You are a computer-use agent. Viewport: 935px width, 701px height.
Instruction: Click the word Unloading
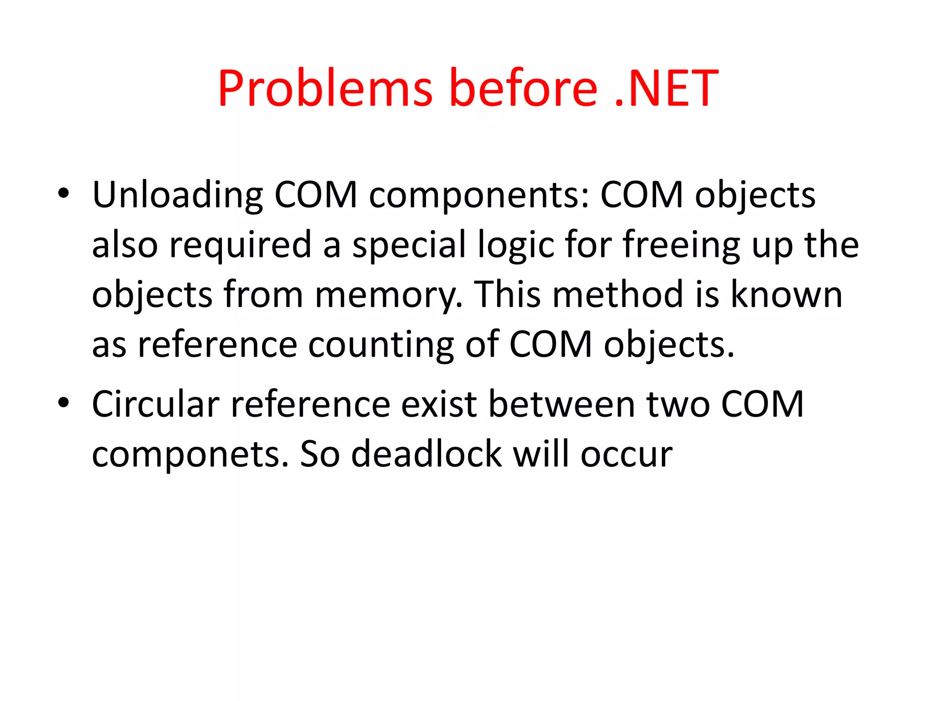(x=178, y=195)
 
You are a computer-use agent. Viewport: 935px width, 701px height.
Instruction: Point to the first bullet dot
(x=63, y=193)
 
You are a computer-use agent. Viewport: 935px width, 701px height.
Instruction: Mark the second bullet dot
(x=63, y=403)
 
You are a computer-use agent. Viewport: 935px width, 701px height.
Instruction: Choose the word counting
(x=381, y=345)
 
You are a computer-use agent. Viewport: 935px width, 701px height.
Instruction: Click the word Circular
(x=156, y=404)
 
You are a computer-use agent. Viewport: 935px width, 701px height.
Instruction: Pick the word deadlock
(x=426, y=454)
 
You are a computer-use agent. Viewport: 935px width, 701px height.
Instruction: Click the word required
(x=241, y=245)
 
